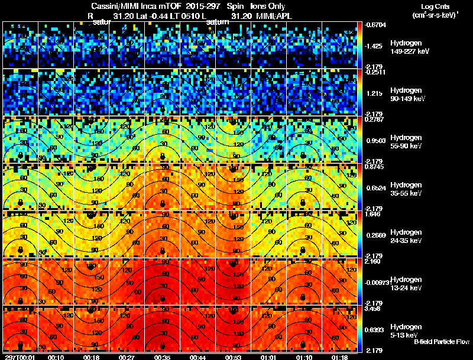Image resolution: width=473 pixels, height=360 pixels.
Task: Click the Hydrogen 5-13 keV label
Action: (406, 330)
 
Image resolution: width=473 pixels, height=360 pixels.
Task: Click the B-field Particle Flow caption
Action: (441, 342)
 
